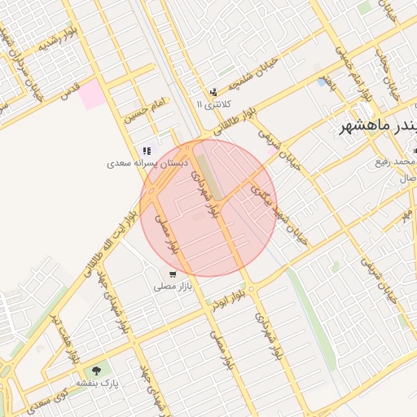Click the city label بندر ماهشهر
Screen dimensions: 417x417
pos(377,127)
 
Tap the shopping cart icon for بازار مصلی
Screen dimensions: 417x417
pos(172,274)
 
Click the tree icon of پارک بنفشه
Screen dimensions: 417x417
pos(97,371)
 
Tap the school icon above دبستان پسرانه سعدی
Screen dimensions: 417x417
pos(147,151)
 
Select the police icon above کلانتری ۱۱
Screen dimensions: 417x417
pos(213,92)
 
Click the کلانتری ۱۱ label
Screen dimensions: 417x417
pos(214,104)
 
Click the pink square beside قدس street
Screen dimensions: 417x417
pos(92,93)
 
